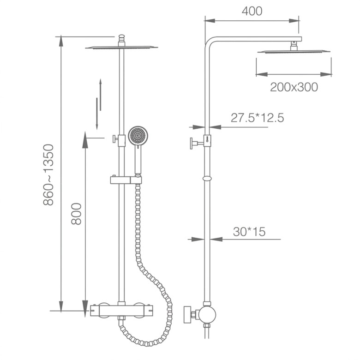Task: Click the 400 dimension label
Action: point(252,11)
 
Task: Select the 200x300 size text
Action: point(294,87)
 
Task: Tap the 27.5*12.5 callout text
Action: point(257,118)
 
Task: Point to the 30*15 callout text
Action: point(249,232)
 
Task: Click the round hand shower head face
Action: point(137,136)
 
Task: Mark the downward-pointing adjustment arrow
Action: point(96,113)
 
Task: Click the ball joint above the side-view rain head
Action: point(293,45)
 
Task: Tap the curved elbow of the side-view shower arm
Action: point(209,42)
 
